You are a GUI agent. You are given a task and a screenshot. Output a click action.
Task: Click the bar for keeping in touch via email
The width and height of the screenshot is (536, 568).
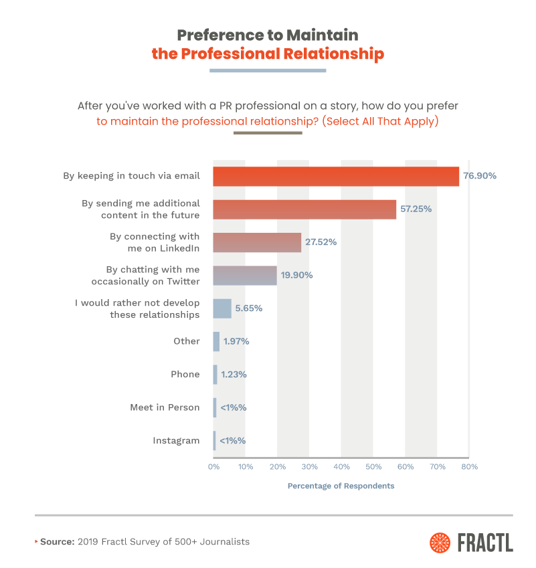pos(336,176)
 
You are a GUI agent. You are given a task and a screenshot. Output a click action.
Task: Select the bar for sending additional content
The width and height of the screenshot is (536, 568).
pos(304,209)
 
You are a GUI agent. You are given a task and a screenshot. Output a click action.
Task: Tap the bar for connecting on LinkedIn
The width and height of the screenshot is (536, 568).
pos(257,242)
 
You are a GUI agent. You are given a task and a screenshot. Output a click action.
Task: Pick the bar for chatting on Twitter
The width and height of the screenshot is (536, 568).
pos(245,275)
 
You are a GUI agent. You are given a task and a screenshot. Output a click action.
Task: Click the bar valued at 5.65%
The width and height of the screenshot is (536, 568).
pos(222,308)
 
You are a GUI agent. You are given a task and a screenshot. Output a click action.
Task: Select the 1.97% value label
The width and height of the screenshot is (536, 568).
pos(236,341)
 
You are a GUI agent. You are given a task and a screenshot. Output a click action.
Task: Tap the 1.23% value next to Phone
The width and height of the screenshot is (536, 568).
pos(234,375)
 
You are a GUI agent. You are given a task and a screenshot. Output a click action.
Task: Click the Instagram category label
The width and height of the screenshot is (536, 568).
pos(176,440)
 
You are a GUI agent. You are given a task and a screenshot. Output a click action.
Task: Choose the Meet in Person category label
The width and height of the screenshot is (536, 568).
pos(165,407)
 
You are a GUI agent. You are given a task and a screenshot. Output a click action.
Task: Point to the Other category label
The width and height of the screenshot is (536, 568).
pos(186,341)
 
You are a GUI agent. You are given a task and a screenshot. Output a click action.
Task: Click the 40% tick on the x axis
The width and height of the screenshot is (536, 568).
pos(341,466)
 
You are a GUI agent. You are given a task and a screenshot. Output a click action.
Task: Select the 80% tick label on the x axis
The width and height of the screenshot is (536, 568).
pos(469,466)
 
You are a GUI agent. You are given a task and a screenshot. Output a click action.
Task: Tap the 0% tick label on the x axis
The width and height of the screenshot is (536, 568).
pos(213,466)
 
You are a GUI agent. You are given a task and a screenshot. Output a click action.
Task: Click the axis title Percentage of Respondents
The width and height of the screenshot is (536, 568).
pos(341,486)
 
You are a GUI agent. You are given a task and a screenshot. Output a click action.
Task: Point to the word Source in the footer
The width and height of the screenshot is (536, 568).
pos(58,541)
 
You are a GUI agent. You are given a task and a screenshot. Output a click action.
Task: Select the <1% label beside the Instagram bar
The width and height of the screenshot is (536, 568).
pos(234,440)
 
